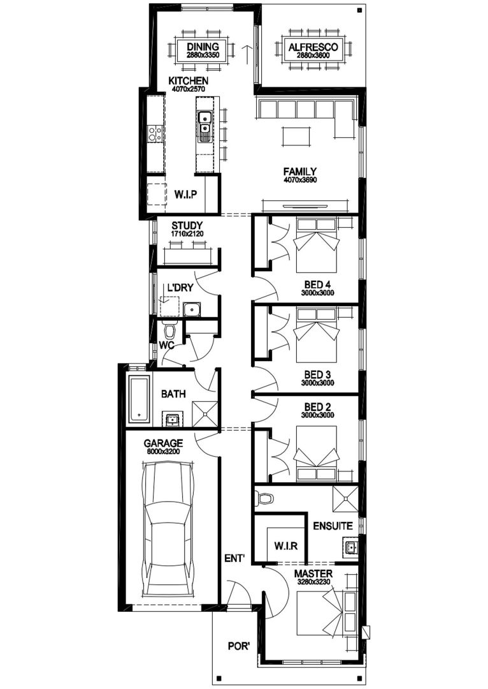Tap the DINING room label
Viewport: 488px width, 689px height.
click(x=203, y=47)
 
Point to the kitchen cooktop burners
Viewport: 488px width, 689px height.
click(x=154, y=133)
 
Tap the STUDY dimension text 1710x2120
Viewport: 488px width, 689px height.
click(x=187, y=235)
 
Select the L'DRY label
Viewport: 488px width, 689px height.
click(x=180, y=288)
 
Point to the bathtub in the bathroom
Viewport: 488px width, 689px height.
click(x=138, y=399)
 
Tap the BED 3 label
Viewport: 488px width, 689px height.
click(x=317, y=374)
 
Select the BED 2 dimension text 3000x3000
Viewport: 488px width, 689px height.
click(x=317, y=415)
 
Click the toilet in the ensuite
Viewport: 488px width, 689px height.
click(x=264, y=498)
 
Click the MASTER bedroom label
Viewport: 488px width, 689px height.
click(x=313, y=574)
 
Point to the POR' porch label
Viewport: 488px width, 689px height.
click(x=238, y=646)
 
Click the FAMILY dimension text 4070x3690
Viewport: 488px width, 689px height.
click(x=299, y=181)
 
